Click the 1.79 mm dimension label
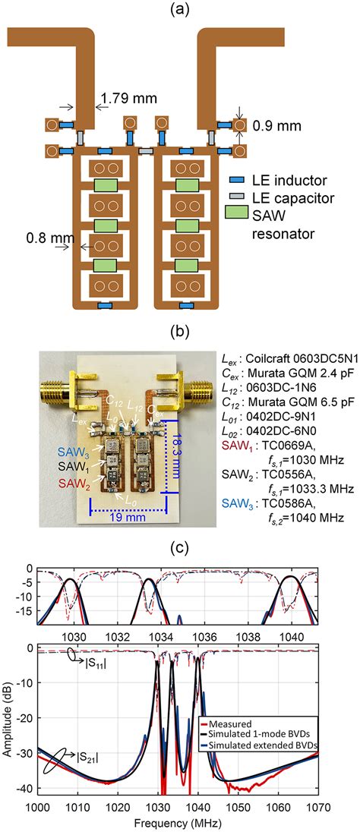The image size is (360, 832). click(x=124, y=99)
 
